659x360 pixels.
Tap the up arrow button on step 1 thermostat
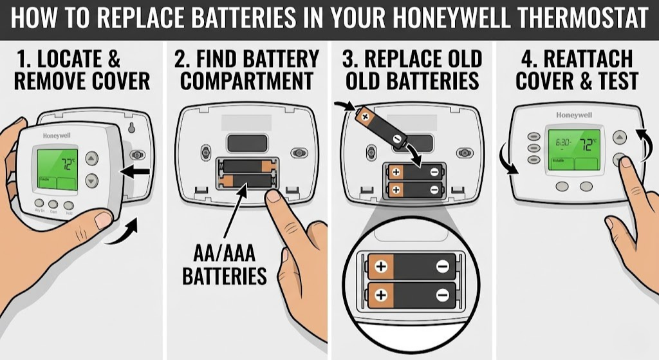pyautogui.click(x=91, y=158)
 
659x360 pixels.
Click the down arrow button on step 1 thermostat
pyautogui.click(x=91, y=181)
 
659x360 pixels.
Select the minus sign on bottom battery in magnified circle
pyautogui.click(x=442, y=296)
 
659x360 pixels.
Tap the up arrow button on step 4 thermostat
pyautogui.click(x=618, y=137)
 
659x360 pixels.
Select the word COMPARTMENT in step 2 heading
pyautogui.click(x=243, y=82)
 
